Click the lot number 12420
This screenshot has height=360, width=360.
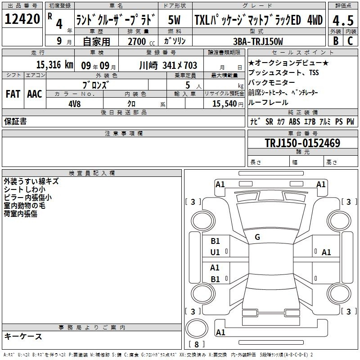coord(22,19)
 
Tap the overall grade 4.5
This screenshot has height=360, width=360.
coord(343,21)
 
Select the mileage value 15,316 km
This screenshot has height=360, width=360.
coord(54,65)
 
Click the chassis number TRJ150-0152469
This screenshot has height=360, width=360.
coord(302,143)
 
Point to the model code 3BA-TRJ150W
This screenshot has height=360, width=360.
coord(258,41)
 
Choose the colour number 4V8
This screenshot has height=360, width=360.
coord(74,104)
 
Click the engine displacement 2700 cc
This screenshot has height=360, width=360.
coord(141,41)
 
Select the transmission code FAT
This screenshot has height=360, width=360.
coord(13,94)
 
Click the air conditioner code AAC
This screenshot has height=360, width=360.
coord(35,94)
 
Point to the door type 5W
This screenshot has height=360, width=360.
coord(174,20)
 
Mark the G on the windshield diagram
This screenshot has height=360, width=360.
coord(257,237)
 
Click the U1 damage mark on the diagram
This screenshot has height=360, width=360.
coord(215,252)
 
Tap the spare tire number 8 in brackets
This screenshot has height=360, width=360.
coord(197,344)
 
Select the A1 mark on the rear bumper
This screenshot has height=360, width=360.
coord(220,332)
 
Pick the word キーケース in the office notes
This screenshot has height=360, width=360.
coord(23,336)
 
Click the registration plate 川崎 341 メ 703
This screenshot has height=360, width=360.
coord(168,65)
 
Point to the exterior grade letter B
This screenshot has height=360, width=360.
coord(336,41)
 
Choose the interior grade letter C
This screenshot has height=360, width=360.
coord(350,41)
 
